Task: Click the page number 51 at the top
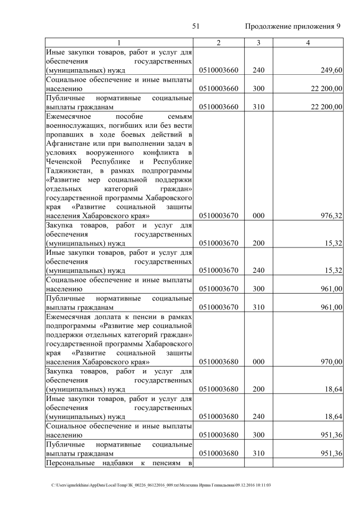coord(196,26)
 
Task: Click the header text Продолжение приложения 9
coord(293,26)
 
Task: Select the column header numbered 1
coord(119,43)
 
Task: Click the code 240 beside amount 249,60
coord(258,70)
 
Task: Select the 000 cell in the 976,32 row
coord(258,215)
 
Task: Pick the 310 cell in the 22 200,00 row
coord(258,106)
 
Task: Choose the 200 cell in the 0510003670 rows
coord(258,243)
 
